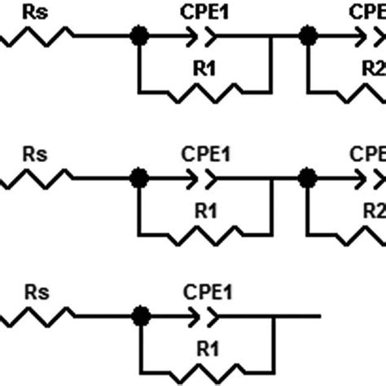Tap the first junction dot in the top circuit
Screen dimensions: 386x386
139,35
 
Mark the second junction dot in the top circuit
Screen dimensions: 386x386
307,35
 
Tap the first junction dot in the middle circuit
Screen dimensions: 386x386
139,176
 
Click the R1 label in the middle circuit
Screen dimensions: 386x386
205,211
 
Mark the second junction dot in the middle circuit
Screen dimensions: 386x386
307,176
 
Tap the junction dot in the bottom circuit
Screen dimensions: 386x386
139,314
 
